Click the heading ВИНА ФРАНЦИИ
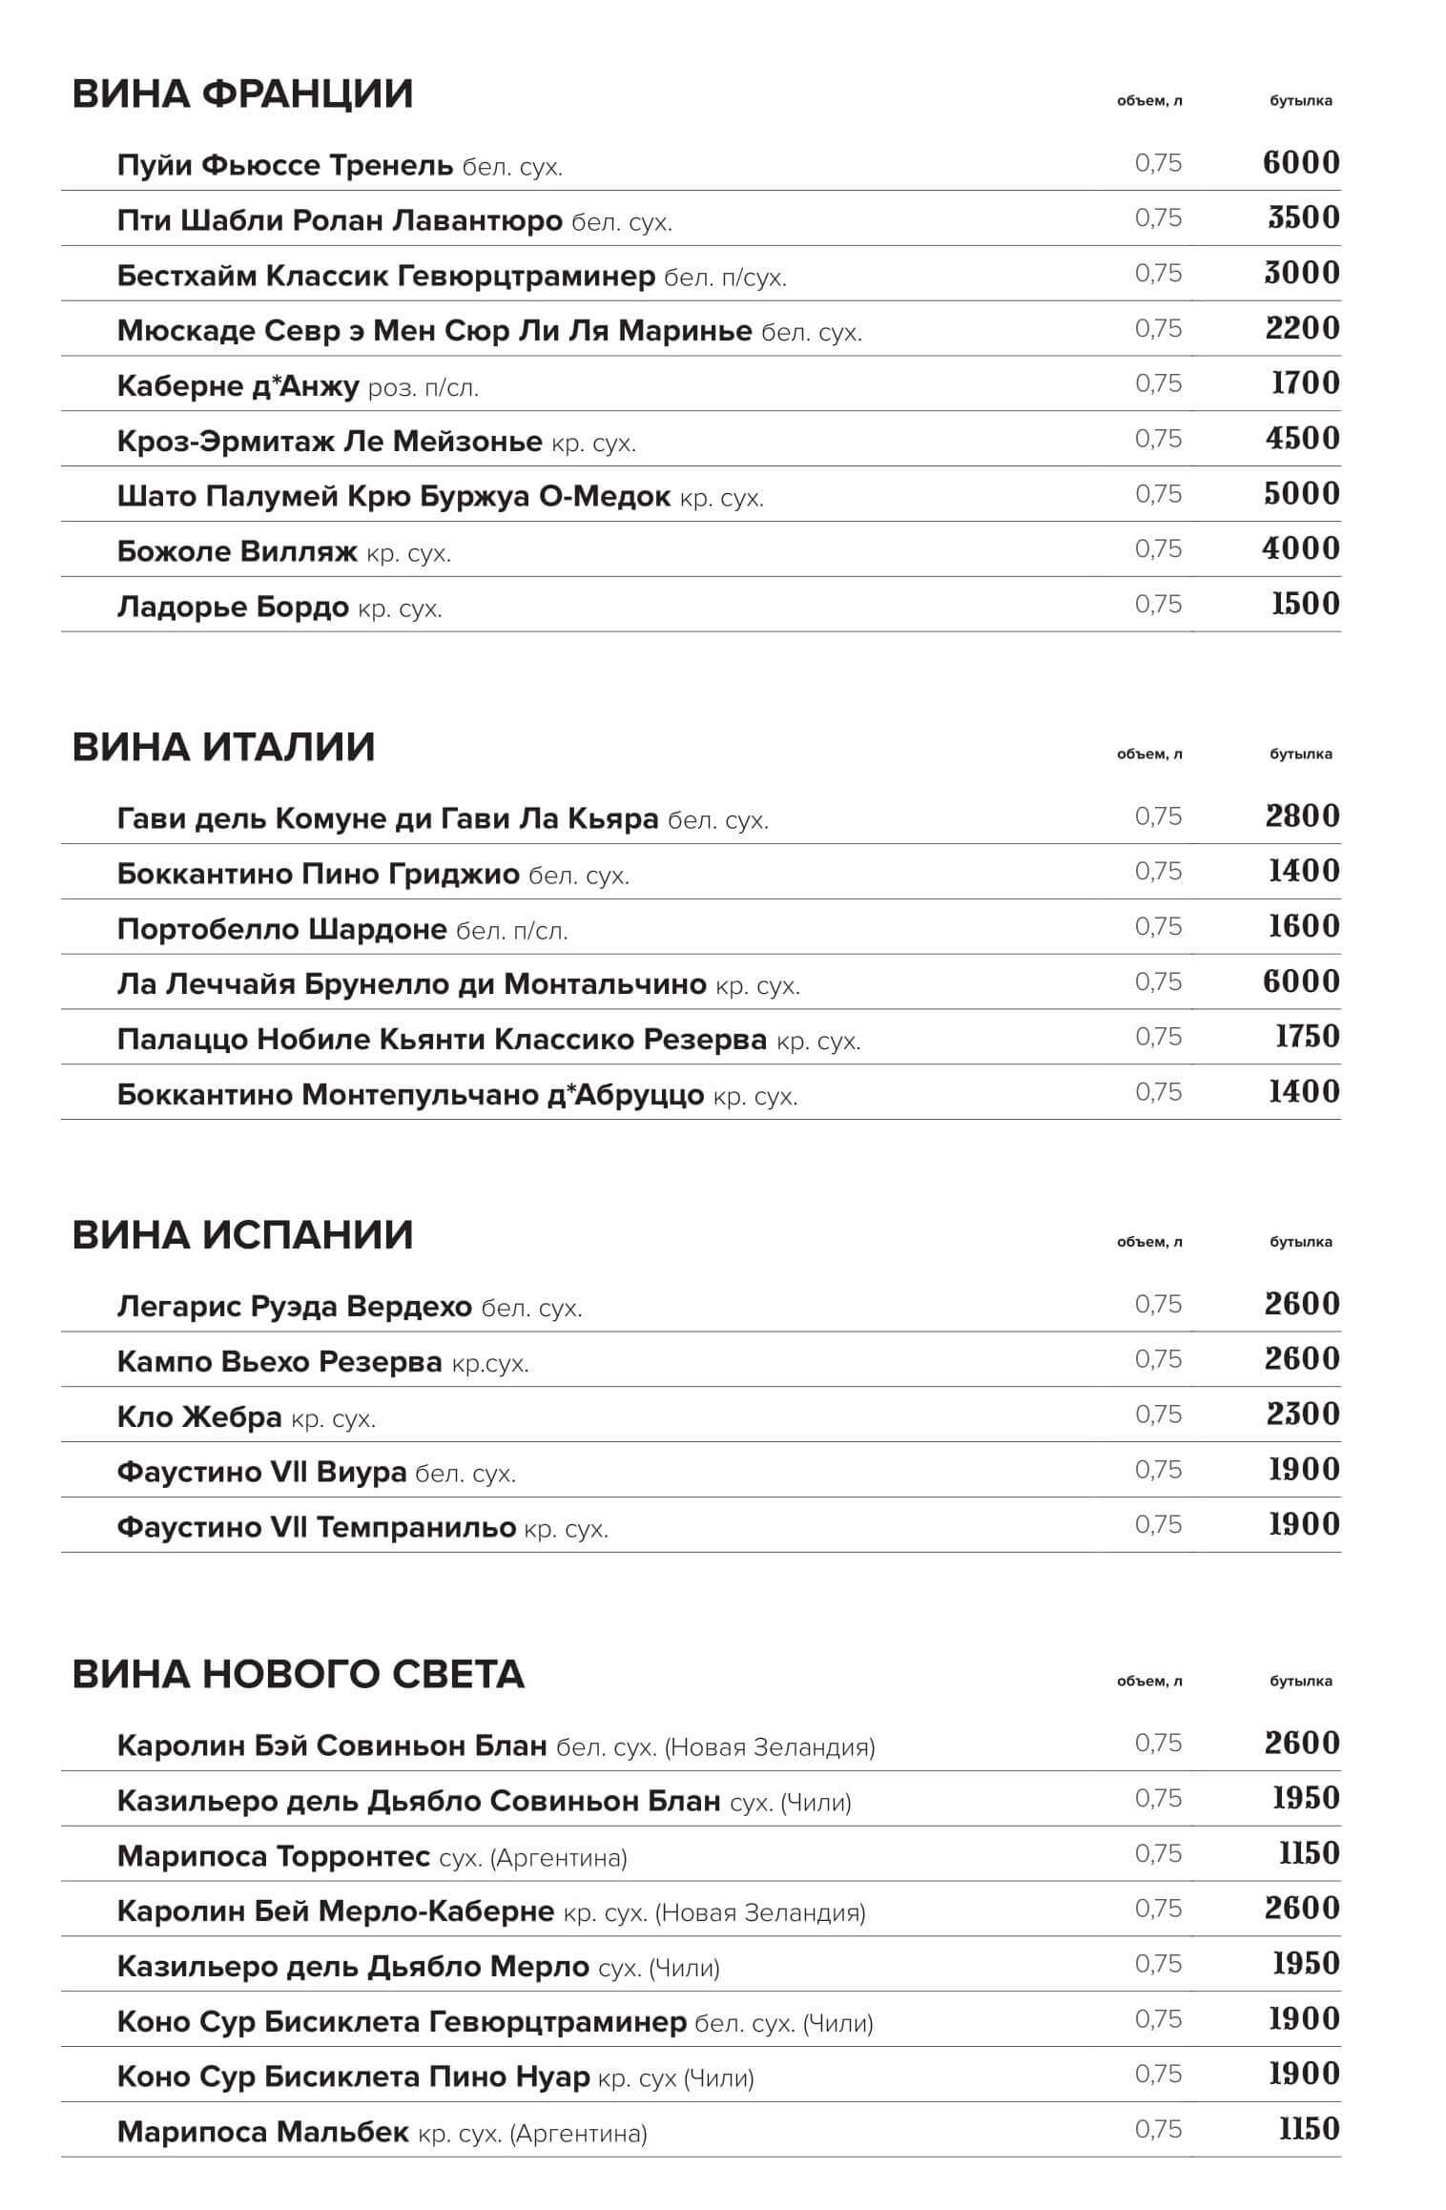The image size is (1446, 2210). [242, 94]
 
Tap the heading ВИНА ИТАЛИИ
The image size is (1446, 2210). [223, 747]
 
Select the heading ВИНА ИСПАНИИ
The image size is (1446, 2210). [242, 1235]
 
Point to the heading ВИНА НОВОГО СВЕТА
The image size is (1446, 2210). [298, 1674]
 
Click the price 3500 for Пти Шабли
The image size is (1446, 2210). [1303, 217]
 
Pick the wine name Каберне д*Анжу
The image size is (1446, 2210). [238, 386]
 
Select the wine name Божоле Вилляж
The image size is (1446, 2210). [237, 551]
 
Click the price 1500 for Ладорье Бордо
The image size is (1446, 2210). [1305, 604]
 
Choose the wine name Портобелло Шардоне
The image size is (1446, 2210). [281, 929]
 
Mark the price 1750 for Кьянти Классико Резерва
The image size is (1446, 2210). [1307, 1037]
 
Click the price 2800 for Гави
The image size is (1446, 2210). [1303, 816]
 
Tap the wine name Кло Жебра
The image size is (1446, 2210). [199, 1416]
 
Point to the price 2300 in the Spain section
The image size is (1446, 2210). [1303, 1415]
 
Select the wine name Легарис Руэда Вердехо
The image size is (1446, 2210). [294, 1306]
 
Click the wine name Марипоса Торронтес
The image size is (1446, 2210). [273, 1856]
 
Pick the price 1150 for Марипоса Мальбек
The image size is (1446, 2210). [1309, 2129]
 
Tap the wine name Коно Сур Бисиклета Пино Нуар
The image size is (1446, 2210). [353, 2076]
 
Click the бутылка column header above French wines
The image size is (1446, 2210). [1300, 101]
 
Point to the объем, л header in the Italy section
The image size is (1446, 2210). [1149, 754]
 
